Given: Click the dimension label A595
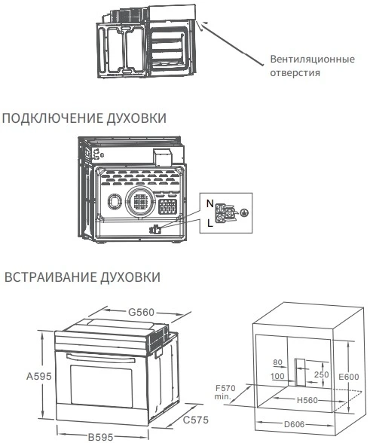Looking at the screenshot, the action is (39, 376).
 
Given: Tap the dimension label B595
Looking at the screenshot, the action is (100, 437).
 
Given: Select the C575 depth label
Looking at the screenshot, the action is (196, 420).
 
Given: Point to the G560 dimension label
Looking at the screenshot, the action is (142, 312).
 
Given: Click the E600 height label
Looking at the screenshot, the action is (348, 377).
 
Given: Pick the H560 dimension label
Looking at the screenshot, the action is (307, 400).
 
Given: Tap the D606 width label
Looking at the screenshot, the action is (294, 424).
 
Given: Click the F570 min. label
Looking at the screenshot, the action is (225, 393).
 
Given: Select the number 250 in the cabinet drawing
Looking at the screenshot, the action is (322, 374).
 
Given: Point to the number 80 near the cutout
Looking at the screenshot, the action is (278, 362).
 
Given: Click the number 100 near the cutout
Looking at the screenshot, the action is (277, 376).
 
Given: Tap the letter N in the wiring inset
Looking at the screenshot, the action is (210, 203).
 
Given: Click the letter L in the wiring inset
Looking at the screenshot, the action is (209, 224).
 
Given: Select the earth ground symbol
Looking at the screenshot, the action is (244, 212).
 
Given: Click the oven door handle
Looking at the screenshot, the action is (101, 357).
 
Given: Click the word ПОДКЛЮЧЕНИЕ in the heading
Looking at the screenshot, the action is (52, 118).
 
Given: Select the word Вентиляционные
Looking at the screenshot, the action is (312, 59).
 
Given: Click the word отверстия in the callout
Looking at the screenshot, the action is (295, 73).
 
